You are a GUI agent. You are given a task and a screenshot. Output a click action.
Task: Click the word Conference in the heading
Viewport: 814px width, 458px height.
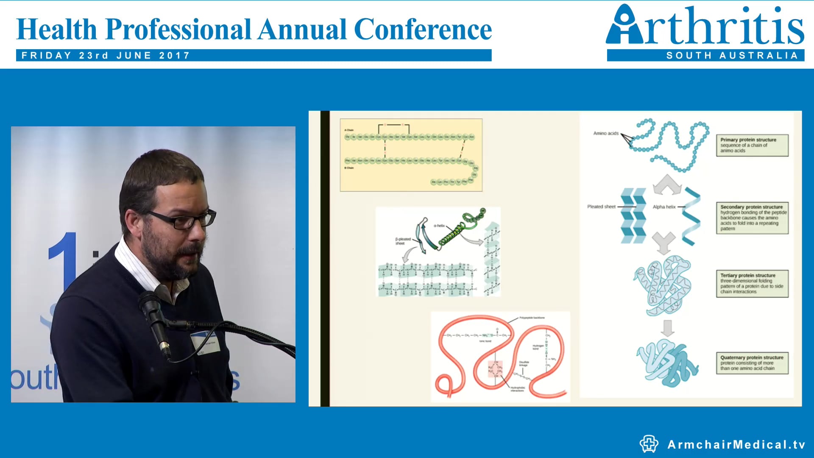tap(422, 30)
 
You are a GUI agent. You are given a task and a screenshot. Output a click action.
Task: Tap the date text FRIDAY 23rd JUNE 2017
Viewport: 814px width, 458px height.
tap(106, 56)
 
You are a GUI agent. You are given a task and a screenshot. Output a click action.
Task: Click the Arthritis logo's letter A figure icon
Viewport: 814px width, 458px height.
tap(624, 25)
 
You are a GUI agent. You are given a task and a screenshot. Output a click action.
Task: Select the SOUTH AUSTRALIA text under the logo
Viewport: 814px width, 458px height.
tap(732, 56)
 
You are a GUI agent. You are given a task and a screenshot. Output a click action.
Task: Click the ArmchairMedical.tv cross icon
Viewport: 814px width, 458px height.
tap(649, 444)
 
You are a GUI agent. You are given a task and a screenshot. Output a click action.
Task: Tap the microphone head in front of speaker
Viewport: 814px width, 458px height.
tap(148, 303)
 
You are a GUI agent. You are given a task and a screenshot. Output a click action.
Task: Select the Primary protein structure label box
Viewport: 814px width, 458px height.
tap(752, 145)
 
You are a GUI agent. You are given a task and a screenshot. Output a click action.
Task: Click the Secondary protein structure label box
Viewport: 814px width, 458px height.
tap(752, 218)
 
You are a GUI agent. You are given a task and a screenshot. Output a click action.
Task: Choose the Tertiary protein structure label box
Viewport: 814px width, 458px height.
tap(752, 283)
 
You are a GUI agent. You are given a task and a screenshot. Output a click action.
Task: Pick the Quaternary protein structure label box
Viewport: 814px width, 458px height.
tap(752, 363)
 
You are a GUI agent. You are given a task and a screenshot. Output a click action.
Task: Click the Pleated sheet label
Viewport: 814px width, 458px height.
tap(601, 207)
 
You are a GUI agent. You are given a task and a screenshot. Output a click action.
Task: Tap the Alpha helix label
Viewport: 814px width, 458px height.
tap(664, 207)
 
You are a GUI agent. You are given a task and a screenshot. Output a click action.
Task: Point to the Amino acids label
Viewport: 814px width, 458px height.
tap(606, 133)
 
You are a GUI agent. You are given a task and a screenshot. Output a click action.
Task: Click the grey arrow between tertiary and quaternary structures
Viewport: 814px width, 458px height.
tap(667, 328)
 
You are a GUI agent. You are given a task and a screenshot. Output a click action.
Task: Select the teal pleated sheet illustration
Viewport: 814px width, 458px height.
tap(633, 215)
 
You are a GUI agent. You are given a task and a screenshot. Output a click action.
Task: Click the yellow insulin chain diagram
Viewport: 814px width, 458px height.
tap(411, 155)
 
